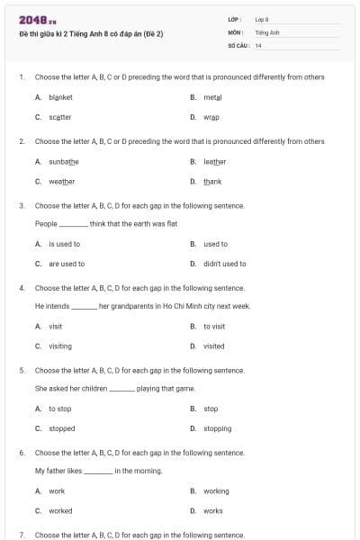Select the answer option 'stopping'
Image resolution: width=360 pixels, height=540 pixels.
coord(217,428)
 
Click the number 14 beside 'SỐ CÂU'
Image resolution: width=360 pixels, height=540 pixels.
coord(258,44)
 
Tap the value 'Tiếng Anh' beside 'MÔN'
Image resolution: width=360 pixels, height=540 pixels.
coord(267,31)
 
